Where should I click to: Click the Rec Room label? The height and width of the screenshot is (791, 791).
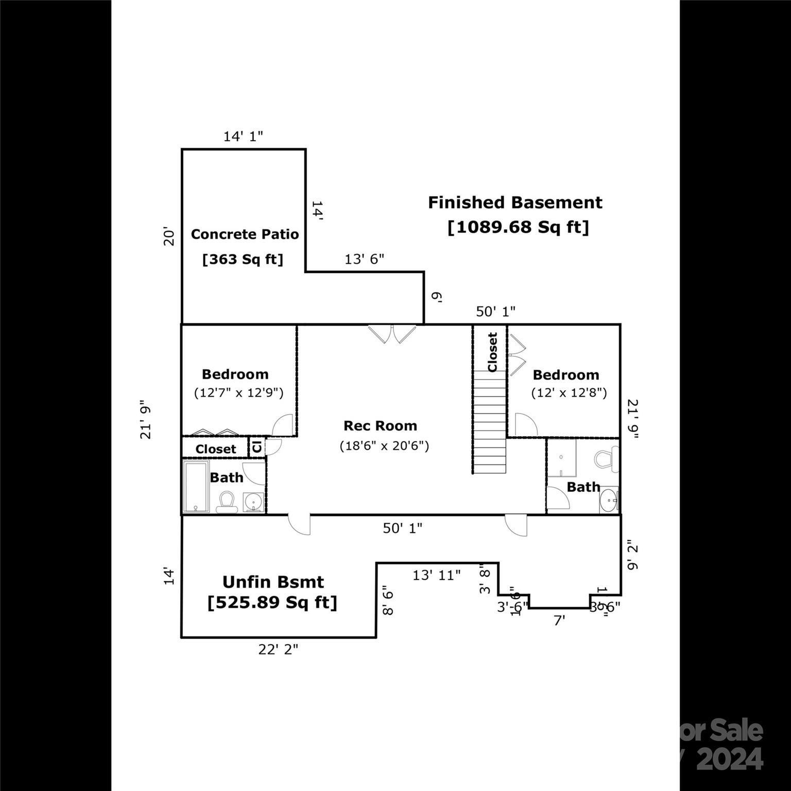point(380,426)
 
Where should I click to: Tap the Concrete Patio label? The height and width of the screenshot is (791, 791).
point(245,234)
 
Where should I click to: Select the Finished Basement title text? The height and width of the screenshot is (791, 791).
point(515,202)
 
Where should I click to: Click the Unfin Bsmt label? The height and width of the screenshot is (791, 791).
point(273,582)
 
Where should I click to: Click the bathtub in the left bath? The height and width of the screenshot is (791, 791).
point(196,487)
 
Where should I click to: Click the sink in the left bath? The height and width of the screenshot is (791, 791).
point(253,502)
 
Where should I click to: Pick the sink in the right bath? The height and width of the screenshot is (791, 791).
point(610,500)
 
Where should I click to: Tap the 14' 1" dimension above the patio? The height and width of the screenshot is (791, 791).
point(243,136)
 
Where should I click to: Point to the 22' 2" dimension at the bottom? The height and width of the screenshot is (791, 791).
point(278,649)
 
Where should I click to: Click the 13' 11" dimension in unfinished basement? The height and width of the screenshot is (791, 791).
point(436,575)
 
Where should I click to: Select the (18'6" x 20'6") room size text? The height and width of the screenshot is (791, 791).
point(384,445)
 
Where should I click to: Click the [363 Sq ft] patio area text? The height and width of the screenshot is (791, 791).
point(243,259)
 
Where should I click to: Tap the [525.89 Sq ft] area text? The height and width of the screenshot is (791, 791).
point(272,602)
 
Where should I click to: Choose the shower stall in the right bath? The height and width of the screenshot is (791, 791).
point(561,458)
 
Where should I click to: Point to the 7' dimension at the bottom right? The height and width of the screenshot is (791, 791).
point(559,621)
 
